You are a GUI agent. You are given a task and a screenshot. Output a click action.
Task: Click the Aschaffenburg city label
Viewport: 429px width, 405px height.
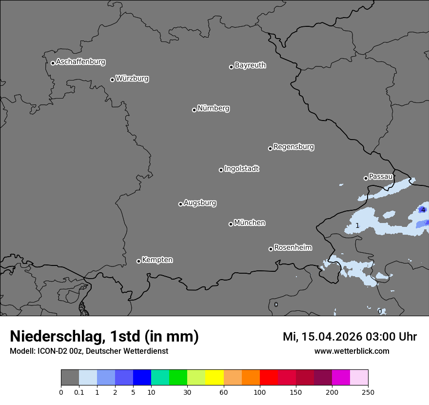(80, 62)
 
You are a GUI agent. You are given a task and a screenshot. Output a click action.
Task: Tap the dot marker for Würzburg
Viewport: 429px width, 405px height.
(112, 80)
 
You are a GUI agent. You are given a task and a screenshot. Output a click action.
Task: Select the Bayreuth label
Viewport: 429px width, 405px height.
(250, 65)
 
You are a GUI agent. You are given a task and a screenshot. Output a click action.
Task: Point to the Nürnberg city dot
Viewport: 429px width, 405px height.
(194, 110)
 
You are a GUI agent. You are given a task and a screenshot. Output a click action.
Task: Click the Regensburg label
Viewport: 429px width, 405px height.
(293, 147)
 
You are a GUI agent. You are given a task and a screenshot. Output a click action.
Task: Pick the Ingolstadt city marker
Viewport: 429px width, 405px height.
(221, 170)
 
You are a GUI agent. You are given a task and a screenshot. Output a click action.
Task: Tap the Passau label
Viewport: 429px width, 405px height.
(380, 177)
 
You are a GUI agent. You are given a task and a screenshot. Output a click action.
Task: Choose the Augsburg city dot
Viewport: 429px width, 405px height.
(180, 204)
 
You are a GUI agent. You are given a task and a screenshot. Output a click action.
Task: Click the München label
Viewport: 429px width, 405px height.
(250, 223)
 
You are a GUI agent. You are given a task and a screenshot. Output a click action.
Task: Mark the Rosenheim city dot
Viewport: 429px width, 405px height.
(271, 249)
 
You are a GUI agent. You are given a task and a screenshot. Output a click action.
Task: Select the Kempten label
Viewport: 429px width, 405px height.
(157, 260)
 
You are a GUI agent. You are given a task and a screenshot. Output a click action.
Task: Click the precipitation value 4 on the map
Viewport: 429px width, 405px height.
(423, 210)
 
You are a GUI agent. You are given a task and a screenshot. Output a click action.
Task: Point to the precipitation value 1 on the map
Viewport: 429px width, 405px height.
(357, 225)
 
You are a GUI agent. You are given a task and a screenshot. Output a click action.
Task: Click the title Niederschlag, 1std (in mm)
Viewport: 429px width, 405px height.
(104, 336)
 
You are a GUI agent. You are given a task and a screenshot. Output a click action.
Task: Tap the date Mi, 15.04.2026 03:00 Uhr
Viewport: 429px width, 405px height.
(350, 337)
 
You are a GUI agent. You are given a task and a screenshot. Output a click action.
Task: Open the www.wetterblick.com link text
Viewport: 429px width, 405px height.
(351, 351)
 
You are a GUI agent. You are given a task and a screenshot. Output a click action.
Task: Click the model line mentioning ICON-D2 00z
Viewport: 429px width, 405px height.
(89, 351)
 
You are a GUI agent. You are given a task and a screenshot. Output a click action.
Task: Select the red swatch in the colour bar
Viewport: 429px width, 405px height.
(269, 378)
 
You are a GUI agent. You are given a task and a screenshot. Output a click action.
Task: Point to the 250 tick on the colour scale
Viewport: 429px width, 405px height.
(368, 392)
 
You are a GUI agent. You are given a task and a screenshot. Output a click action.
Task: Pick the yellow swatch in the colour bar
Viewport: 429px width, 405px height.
(214, 378)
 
